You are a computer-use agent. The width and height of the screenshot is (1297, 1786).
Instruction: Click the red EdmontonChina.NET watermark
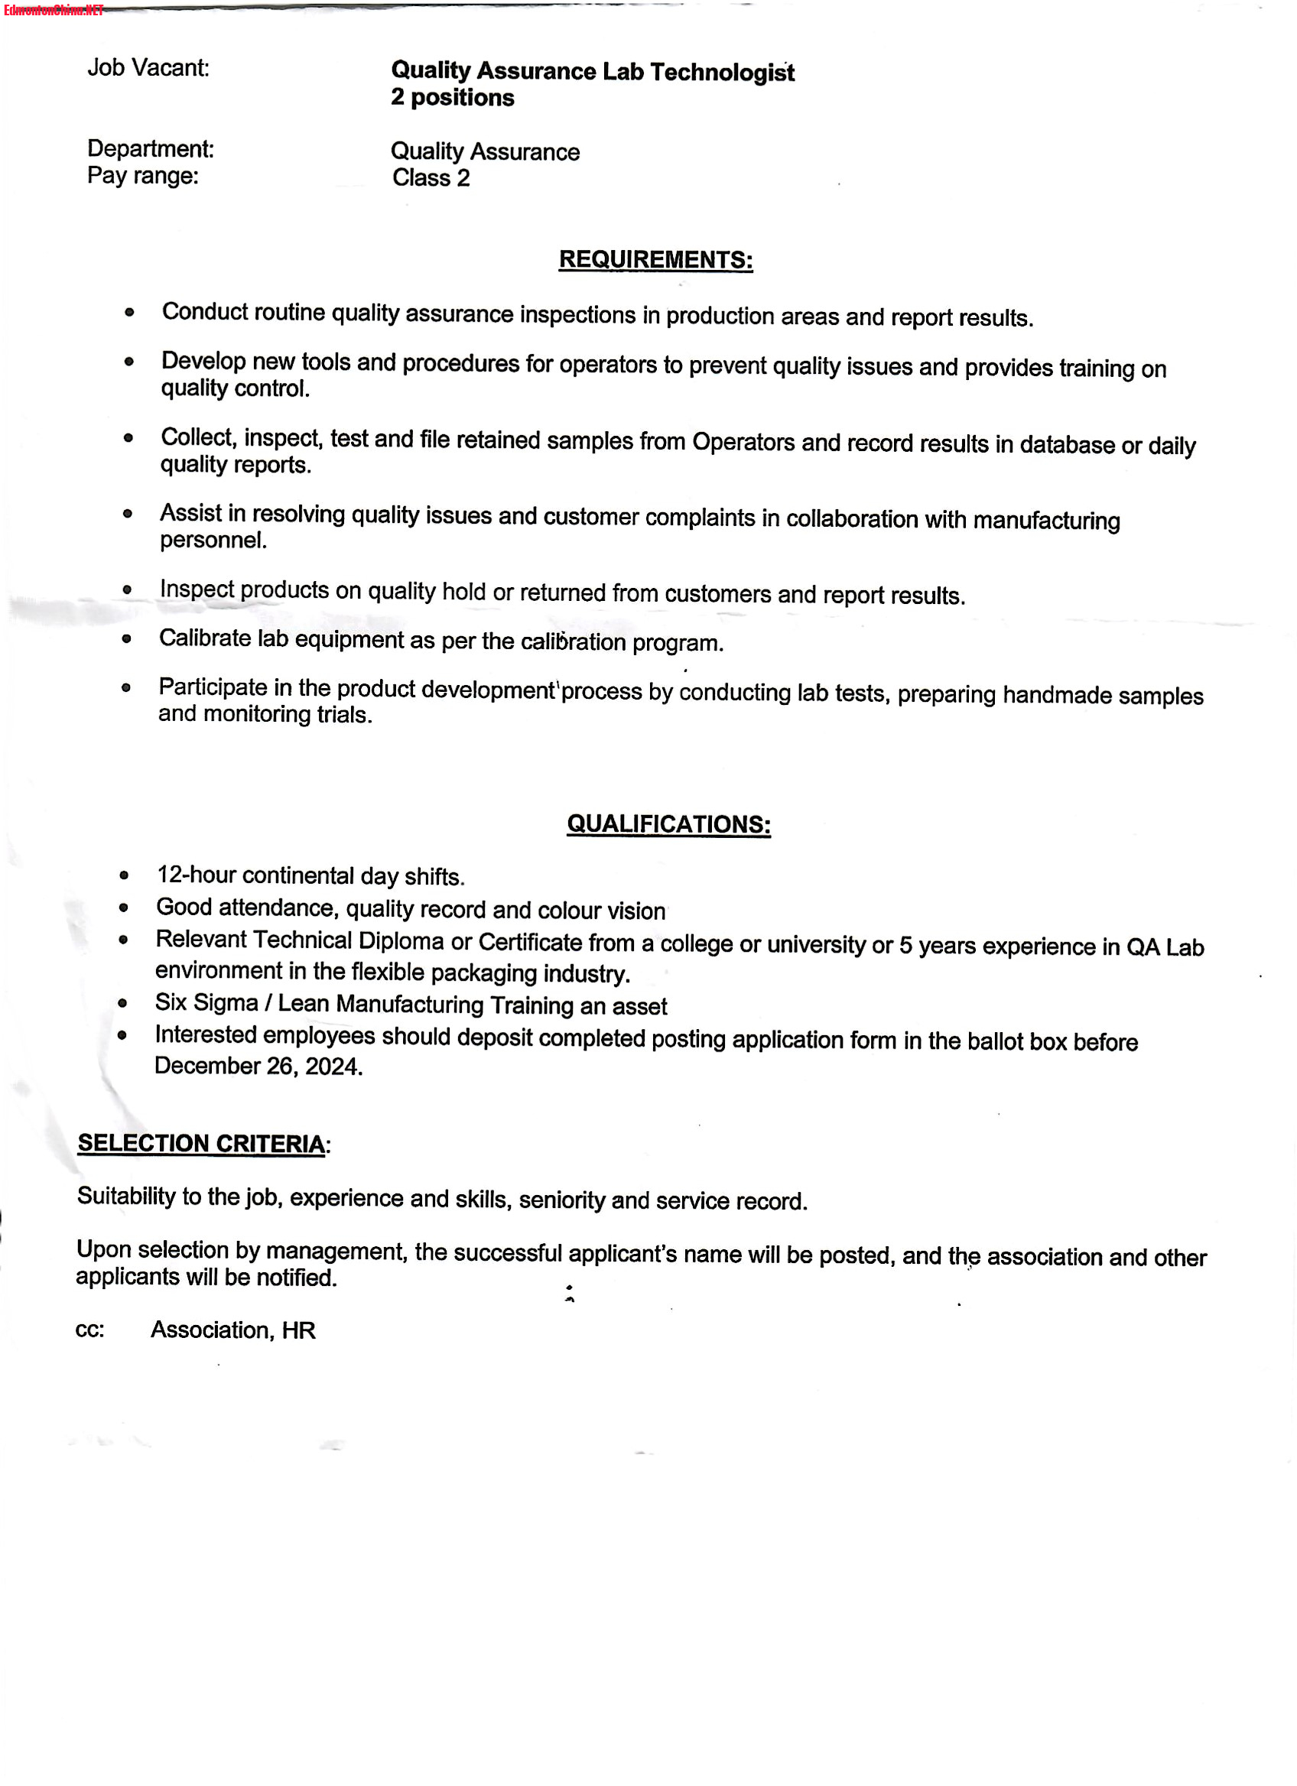[54, 10]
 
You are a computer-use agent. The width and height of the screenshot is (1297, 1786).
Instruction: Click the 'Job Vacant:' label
[148, 68]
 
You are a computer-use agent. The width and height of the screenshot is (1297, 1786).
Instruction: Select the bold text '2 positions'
[452, 98]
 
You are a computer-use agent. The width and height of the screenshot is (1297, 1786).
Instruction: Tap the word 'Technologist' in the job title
[721, 73]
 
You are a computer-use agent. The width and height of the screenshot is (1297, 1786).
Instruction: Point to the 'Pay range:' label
[142, 176]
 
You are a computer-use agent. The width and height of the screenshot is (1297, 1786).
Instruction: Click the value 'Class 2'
[431, 178]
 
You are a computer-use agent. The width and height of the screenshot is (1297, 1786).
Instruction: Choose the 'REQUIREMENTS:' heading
[655, 260]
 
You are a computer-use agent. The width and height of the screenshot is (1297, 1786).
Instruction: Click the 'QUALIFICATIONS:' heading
[668, 824]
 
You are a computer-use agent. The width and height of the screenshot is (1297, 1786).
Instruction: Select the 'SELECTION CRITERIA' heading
[201, 1144]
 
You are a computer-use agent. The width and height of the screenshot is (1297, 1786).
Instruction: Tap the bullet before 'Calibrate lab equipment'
[127, 638]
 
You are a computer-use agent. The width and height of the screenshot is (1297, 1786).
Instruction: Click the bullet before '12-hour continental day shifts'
[125, 875]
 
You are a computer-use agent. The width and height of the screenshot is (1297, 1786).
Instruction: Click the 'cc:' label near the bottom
[89, 1330]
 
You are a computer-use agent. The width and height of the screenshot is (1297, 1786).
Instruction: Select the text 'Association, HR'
[233, 1330]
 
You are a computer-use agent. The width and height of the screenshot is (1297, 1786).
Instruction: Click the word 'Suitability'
[126, 1196]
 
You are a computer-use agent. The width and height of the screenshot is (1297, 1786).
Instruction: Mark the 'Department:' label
[151, 149]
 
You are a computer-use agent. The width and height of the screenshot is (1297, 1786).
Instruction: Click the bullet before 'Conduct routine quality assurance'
[130, 313]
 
